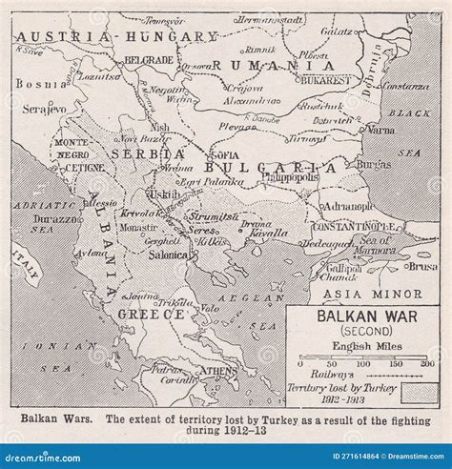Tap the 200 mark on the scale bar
pos(427,363)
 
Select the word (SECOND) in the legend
pos(362,329)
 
